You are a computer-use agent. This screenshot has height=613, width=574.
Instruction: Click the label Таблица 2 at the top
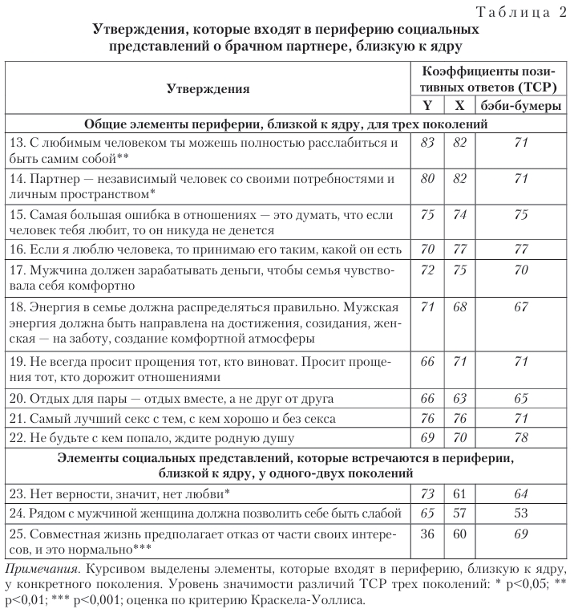[x=522, y=10]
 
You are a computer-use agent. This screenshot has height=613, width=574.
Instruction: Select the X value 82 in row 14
[x=459, y=177]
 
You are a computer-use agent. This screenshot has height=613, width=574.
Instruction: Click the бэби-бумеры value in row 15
[x=520, y=213]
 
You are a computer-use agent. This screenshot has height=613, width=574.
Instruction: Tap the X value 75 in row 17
[x=459, y=271]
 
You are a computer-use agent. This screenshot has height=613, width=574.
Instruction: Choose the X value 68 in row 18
[x=459, y=307]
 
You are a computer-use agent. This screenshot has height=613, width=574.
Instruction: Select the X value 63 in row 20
[x=459, y=397]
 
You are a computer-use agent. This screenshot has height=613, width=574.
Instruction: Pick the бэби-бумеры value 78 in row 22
[x=520, y=438]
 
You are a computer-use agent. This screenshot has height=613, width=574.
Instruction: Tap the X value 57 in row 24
[x=459, y=512]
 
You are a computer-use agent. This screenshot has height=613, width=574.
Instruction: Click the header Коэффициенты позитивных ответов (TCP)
[x=489, y=79]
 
